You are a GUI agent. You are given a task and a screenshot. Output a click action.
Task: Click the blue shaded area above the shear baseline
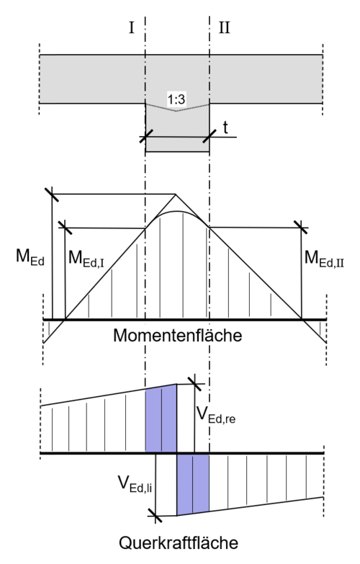161,420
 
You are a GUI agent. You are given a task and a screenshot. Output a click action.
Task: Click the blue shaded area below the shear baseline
192,483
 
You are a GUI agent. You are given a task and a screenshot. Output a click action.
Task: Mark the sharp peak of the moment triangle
176,193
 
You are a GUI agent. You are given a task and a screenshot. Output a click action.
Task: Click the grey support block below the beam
177,133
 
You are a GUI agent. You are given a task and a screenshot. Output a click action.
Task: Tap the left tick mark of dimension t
146,136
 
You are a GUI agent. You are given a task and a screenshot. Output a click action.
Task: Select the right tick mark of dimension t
210,136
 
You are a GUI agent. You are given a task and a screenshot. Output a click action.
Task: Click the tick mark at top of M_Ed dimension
53,193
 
